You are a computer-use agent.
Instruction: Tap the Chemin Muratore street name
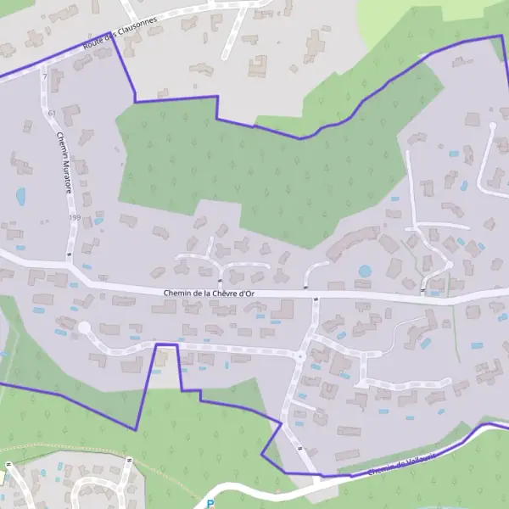(x=64, y=161)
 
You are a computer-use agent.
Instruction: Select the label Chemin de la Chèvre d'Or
(x=208, y=294)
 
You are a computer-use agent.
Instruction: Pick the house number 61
(x=52, y=113)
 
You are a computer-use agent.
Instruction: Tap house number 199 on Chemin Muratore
(x=74, y=218)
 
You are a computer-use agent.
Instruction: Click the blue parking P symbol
(x=210, y=504)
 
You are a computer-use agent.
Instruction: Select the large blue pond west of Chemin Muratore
(x=20, y=196)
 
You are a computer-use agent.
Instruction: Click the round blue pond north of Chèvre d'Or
(x=365, y=271)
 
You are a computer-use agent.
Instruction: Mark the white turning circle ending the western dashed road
(x=83, y=327)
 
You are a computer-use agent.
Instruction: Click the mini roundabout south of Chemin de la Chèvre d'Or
(x=298, y=356)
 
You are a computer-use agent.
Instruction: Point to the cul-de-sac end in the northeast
(x=492, y=126)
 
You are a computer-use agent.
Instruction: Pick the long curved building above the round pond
(x=352, y=241)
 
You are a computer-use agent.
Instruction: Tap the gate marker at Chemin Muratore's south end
(x=68, y=253)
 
